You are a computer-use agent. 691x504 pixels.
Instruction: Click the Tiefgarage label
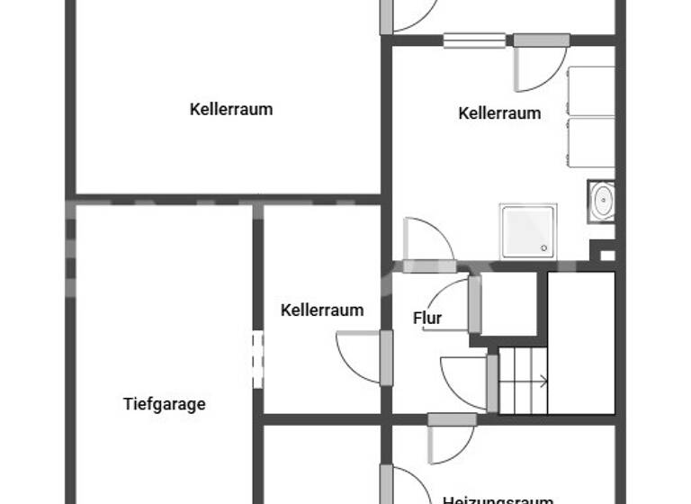164,404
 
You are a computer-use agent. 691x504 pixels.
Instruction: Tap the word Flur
427,318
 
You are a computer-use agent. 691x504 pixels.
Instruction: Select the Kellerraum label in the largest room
231,110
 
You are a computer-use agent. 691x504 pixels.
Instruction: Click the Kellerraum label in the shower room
499,113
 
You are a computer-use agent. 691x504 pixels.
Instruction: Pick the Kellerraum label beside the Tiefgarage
322,310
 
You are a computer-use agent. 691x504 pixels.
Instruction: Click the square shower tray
528,231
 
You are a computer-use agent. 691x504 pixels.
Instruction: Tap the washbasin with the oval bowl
602,202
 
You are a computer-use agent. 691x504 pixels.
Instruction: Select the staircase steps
523,380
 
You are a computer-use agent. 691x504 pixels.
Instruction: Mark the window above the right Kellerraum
474,40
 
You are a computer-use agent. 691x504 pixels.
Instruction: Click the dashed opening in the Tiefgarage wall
258,360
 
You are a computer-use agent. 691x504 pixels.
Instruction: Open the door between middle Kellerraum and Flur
386,357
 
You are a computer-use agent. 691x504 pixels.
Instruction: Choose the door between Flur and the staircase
491,382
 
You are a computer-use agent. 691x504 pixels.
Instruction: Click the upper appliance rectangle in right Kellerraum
591,91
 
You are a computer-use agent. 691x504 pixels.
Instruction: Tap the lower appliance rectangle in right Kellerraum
591,141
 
